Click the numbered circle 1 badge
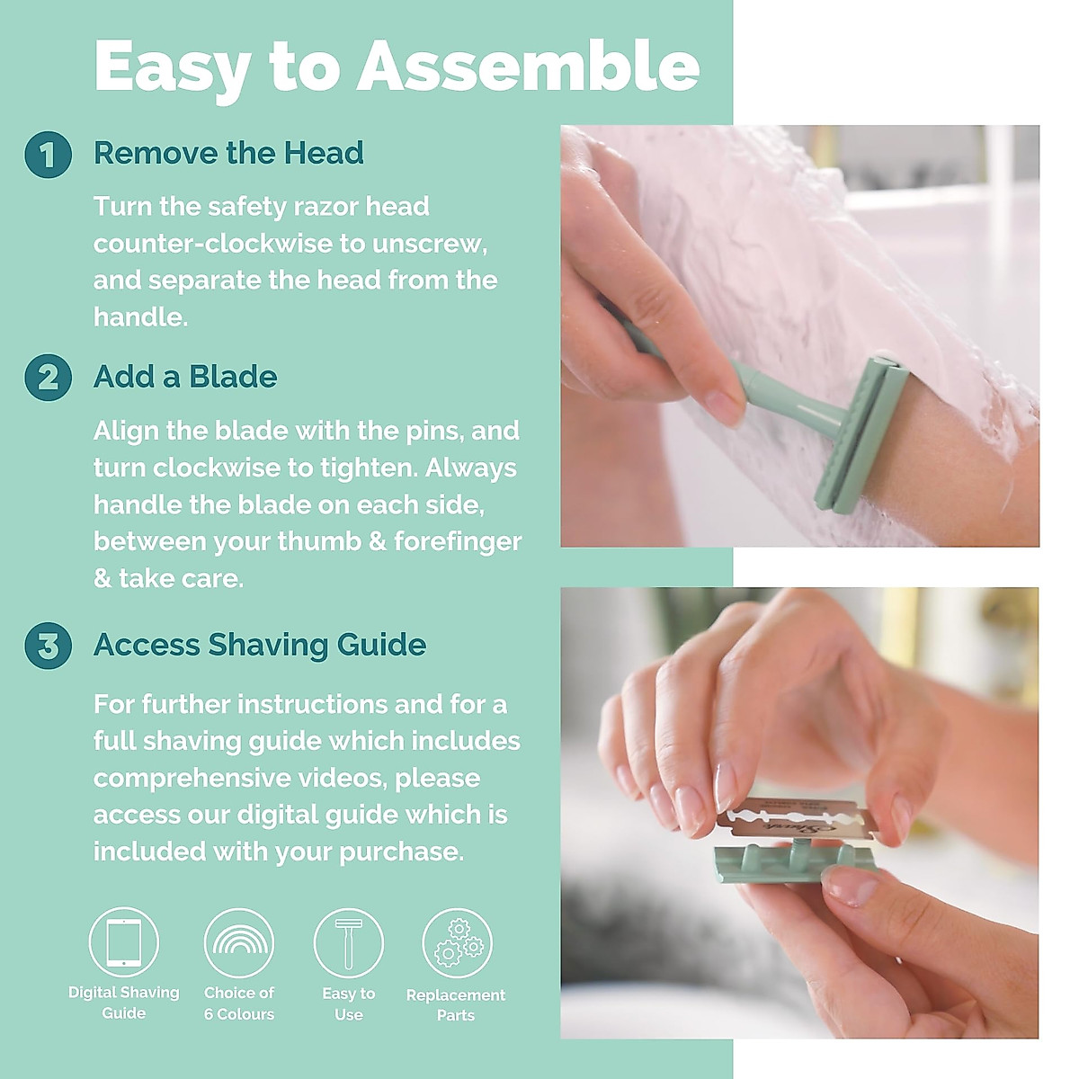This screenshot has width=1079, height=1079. (48, 155)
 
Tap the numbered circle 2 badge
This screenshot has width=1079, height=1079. (48, 378)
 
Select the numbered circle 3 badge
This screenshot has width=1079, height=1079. (48, 646)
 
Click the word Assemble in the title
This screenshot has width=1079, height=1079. (528, 67)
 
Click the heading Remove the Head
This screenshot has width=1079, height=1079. (228, 153)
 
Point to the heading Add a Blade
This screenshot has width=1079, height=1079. (185, 377)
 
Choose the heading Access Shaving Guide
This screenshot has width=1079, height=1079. (260, 645)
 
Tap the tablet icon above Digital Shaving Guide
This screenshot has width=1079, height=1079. (124, 942)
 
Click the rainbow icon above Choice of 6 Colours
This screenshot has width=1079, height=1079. (239, 942)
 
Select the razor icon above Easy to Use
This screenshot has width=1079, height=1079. (348, 942)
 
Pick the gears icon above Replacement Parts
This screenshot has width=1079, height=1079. (457, 942)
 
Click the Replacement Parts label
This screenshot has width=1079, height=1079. (456, 1005)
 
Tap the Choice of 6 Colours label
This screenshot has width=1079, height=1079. (239, 1003)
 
